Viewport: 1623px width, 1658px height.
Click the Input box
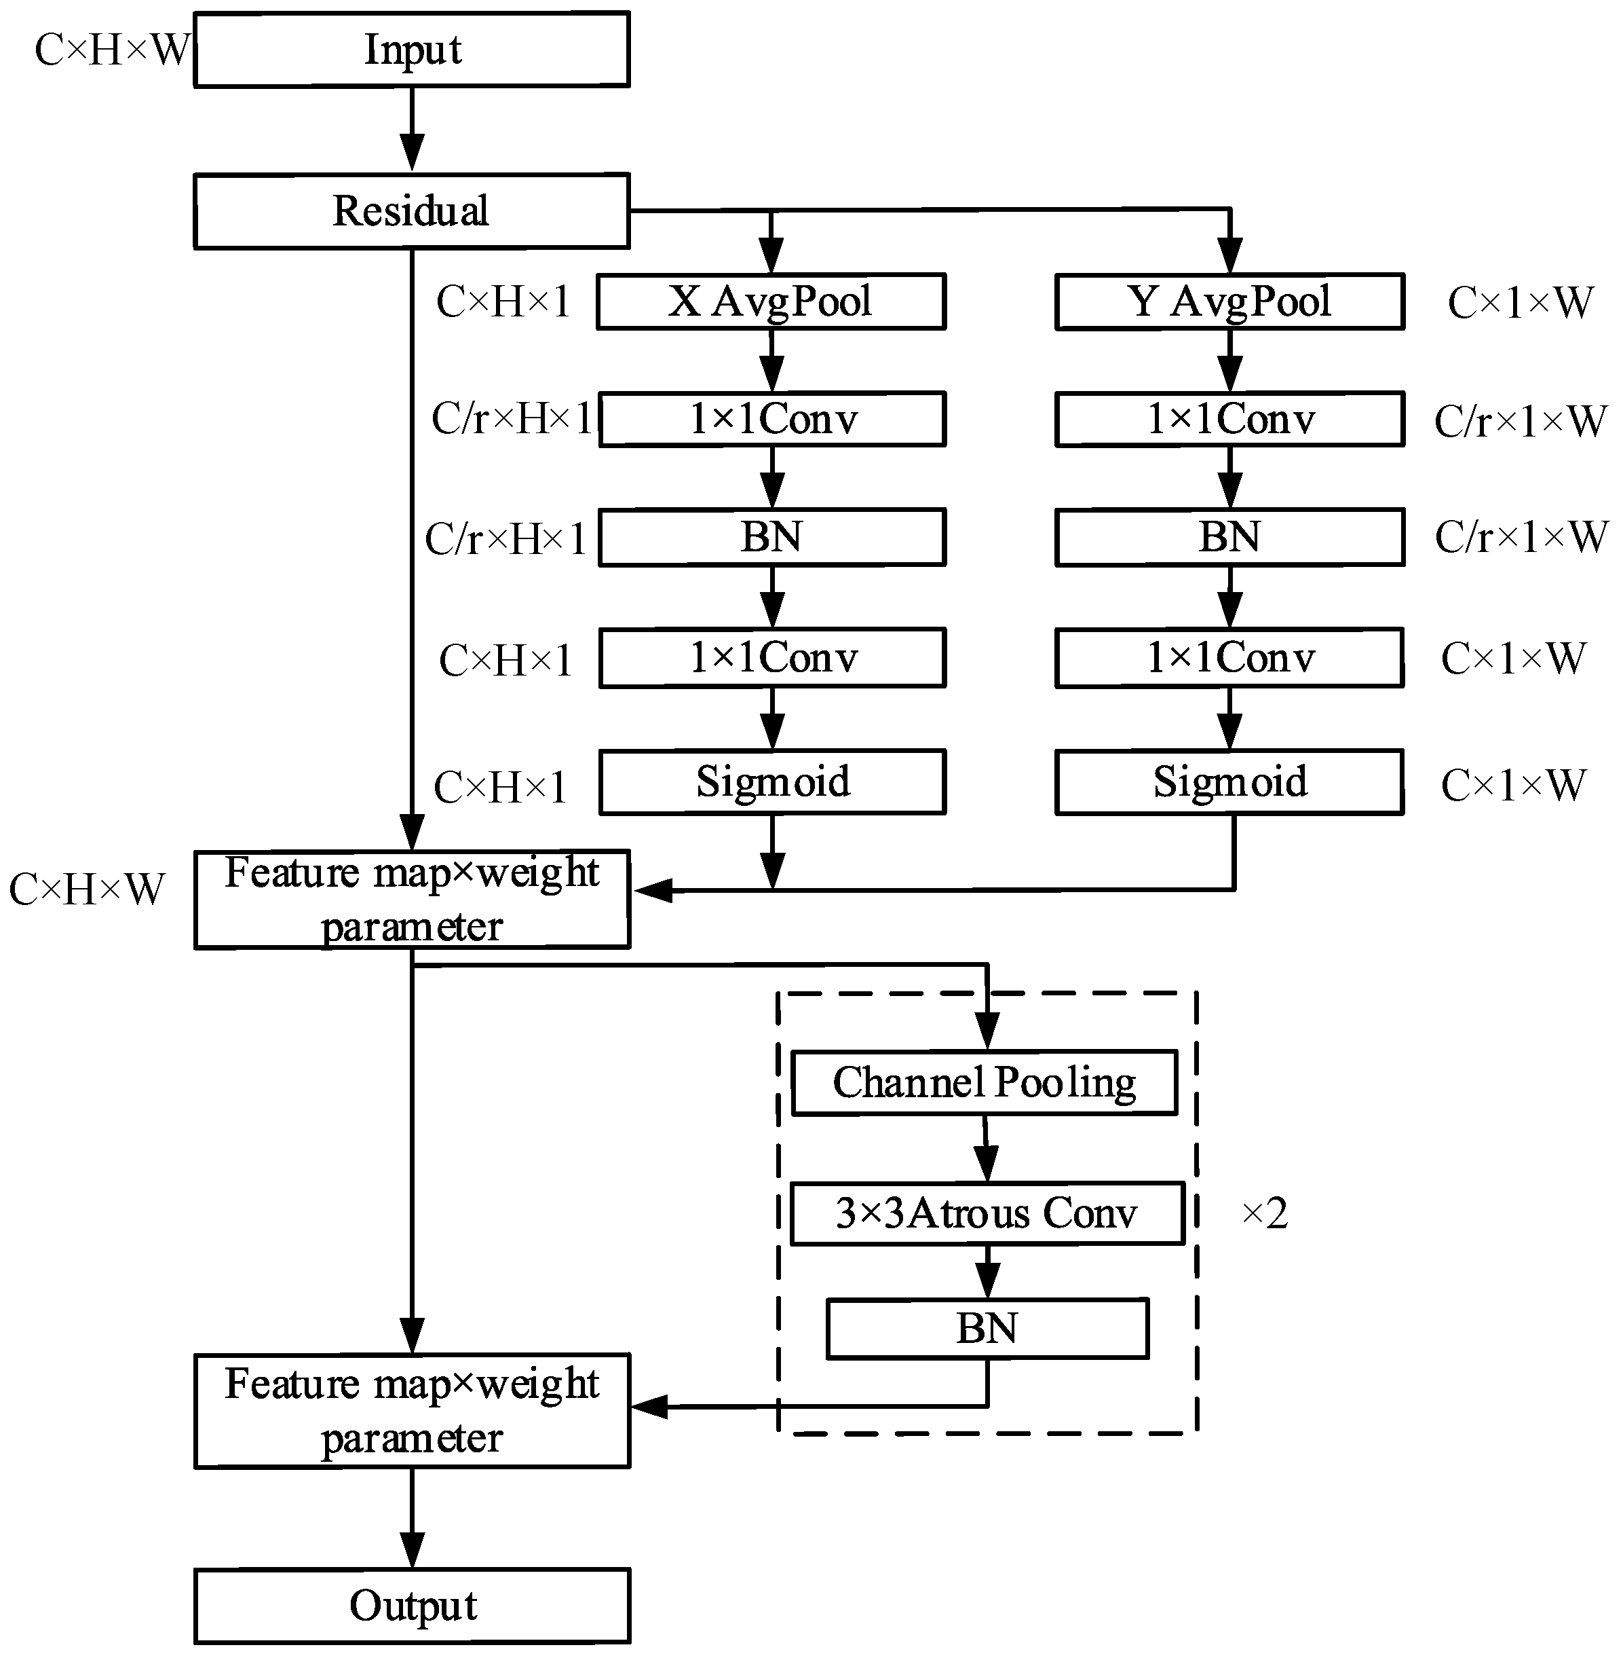[x=412, y=49]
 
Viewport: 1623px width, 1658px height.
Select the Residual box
[x=412, y=210]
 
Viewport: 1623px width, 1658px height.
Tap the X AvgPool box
[x=771, y=301]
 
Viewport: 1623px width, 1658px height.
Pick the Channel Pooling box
[x=985, y=1082]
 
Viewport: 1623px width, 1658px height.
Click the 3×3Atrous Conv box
[x=987, y=1213]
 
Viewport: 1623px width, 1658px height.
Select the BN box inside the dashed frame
[x=987, y=1328]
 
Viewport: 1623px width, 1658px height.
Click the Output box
[x=412, y=1606]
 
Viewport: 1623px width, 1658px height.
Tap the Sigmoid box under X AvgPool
[x=772, y=782]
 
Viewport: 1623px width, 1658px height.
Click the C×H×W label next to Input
[x=111, y=50]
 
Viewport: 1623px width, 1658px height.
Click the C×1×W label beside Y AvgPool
[x=1520, y=303]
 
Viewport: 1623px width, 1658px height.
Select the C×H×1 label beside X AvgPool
[x=503, y=301]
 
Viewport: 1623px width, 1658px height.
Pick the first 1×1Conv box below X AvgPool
[x=772, y=419]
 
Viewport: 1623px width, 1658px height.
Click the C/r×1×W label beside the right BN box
[x=1521, y=537]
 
